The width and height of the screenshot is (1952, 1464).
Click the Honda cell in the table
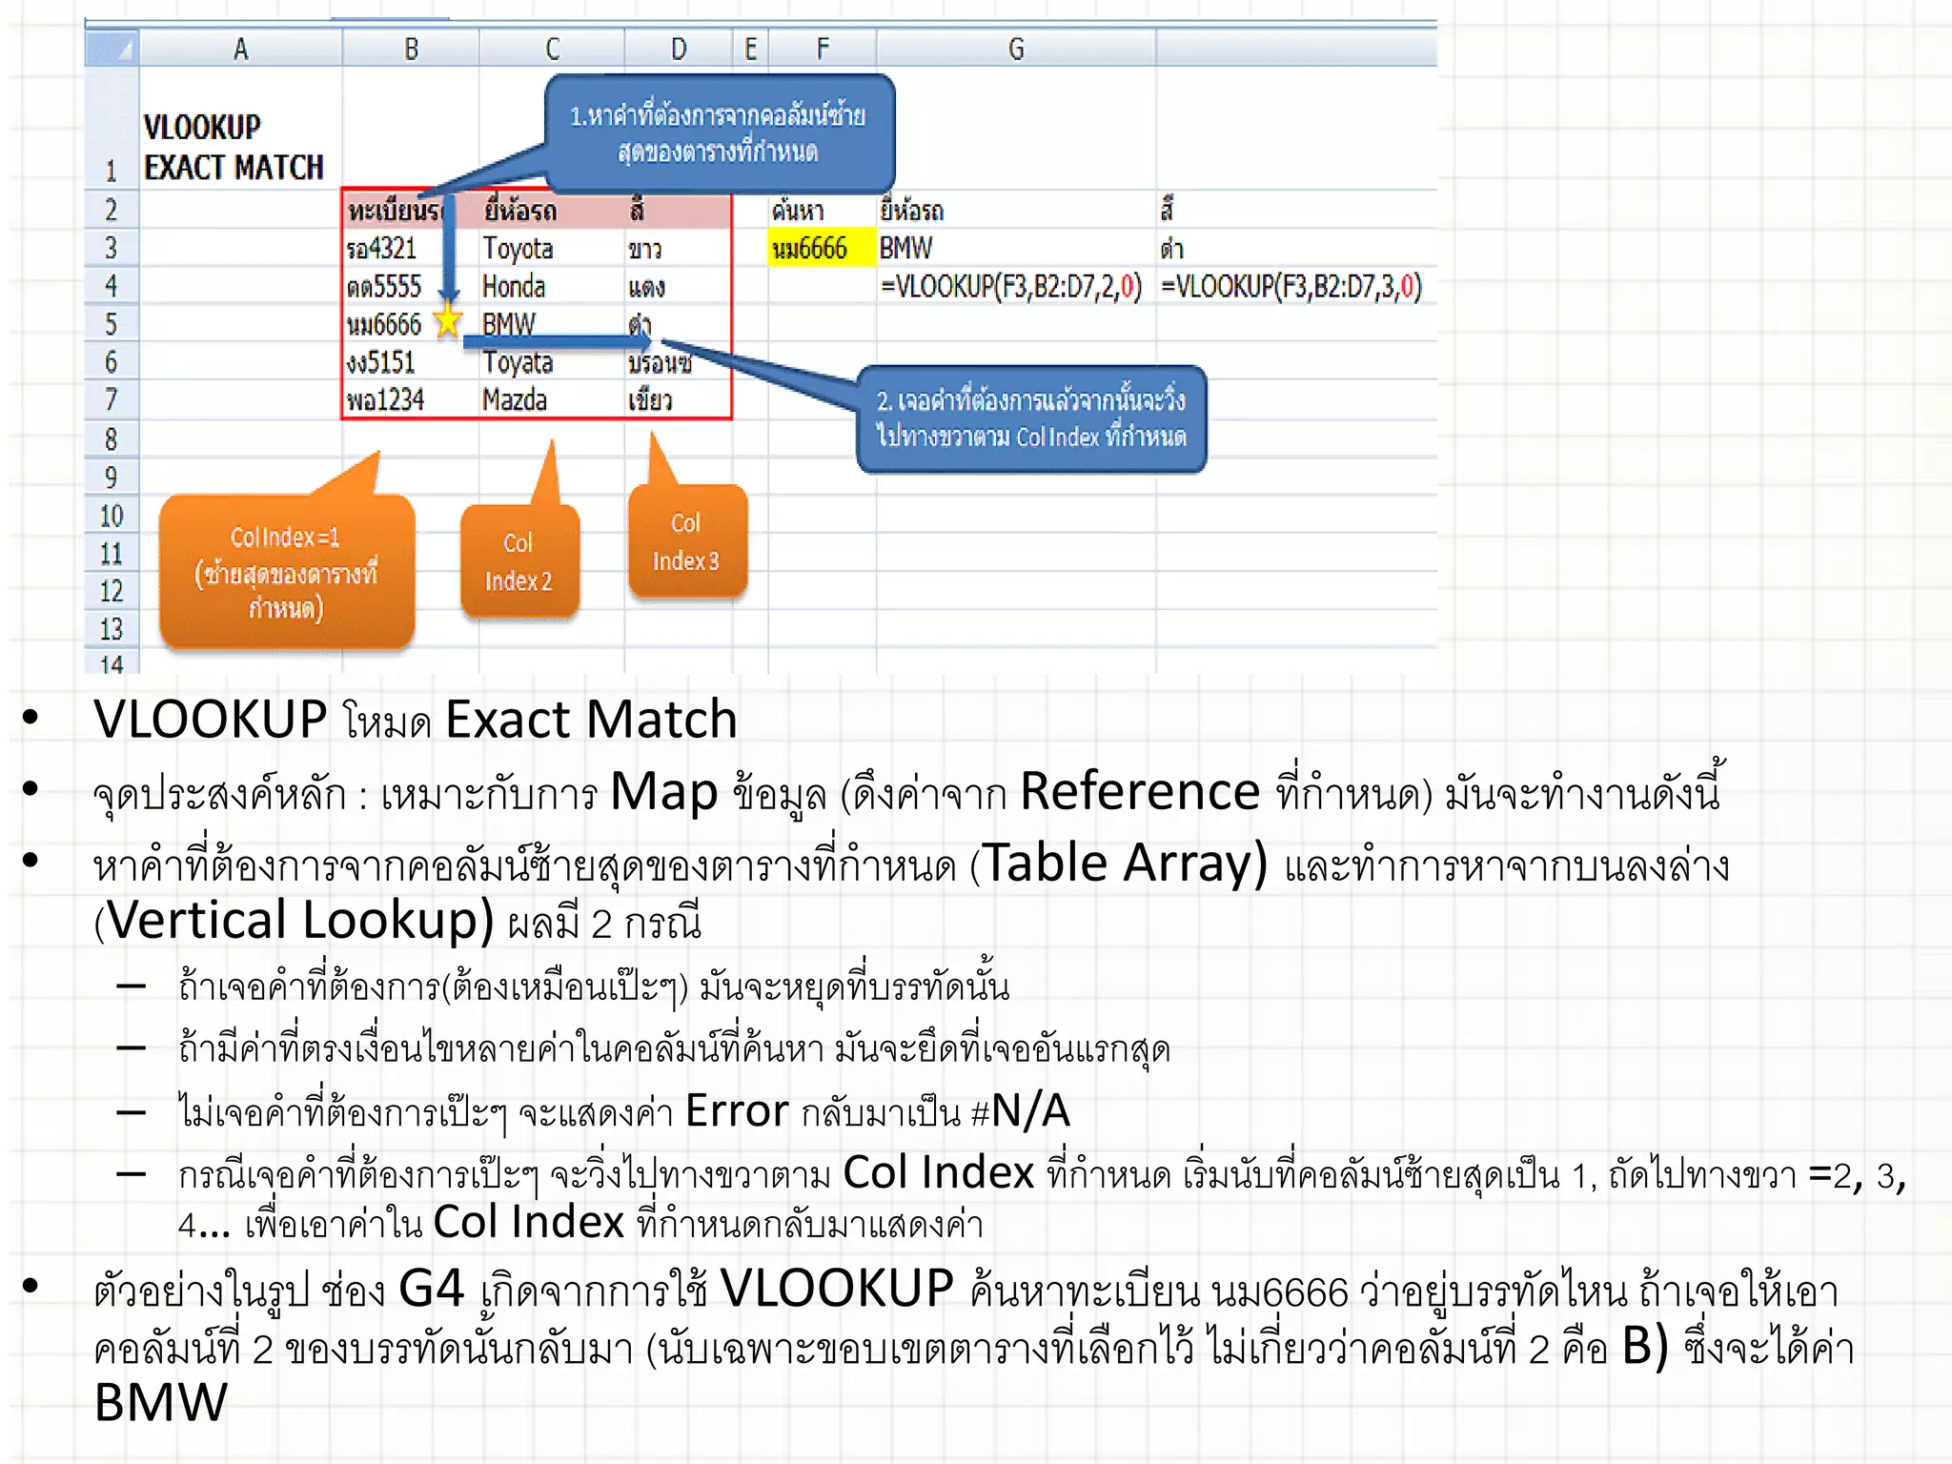[x=514, y=287]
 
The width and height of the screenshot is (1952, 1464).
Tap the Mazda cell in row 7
[x=515, y=399]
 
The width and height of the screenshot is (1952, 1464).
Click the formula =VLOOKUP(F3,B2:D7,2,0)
[x=1011, y=287]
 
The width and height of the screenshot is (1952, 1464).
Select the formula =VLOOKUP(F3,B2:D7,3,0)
[x=1291, y=287]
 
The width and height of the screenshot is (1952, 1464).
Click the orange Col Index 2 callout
[x=519, y=561]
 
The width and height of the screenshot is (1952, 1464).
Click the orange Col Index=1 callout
[x=286, y=572]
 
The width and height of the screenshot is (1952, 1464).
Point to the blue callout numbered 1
[x=720, y=133]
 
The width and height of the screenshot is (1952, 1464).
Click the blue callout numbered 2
[x=1031, y=418]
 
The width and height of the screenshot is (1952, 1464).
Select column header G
[x=1016, y=49]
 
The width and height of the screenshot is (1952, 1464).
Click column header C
[x=552, y=49]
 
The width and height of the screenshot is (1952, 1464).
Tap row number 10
[x=112, y=516]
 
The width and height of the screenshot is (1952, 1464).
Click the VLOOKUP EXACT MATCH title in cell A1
[x=234, y=147]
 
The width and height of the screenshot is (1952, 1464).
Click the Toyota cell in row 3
[x=518, y=249]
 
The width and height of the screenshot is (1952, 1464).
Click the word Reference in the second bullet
[x=1140, y=791]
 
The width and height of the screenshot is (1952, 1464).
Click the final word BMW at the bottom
[x=160, y=1403]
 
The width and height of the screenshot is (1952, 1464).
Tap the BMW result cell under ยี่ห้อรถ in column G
[x=906, y=249]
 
